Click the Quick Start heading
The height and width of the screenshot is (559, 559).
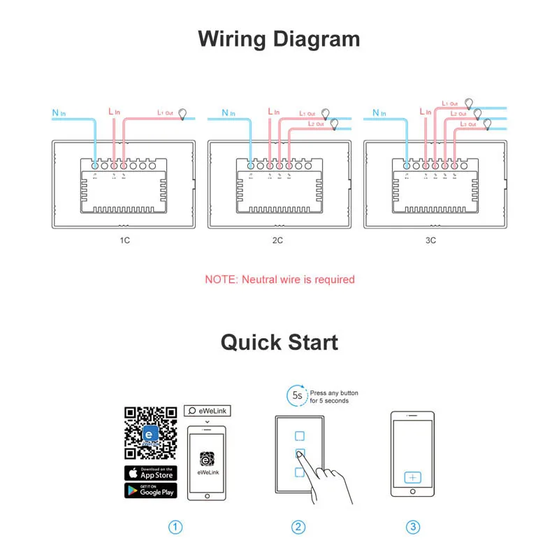tap(279, 342)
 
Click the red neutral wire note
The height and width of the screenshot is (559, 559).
tap(279, 279)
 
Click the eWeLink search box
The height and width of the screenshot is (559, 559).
tap(208, 411)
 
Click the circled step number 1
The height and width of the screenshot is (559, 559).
tap(177, 528)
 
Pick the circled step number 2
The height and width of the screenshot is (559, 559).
tap(299, 528)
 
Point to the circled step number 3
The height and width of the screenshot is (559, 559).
tap(414, 528)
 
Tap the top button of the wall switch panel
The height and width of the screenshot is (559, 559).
tap(299, 435)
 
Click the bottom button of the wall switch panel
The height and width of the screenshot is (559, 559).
tap(299, 472)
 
